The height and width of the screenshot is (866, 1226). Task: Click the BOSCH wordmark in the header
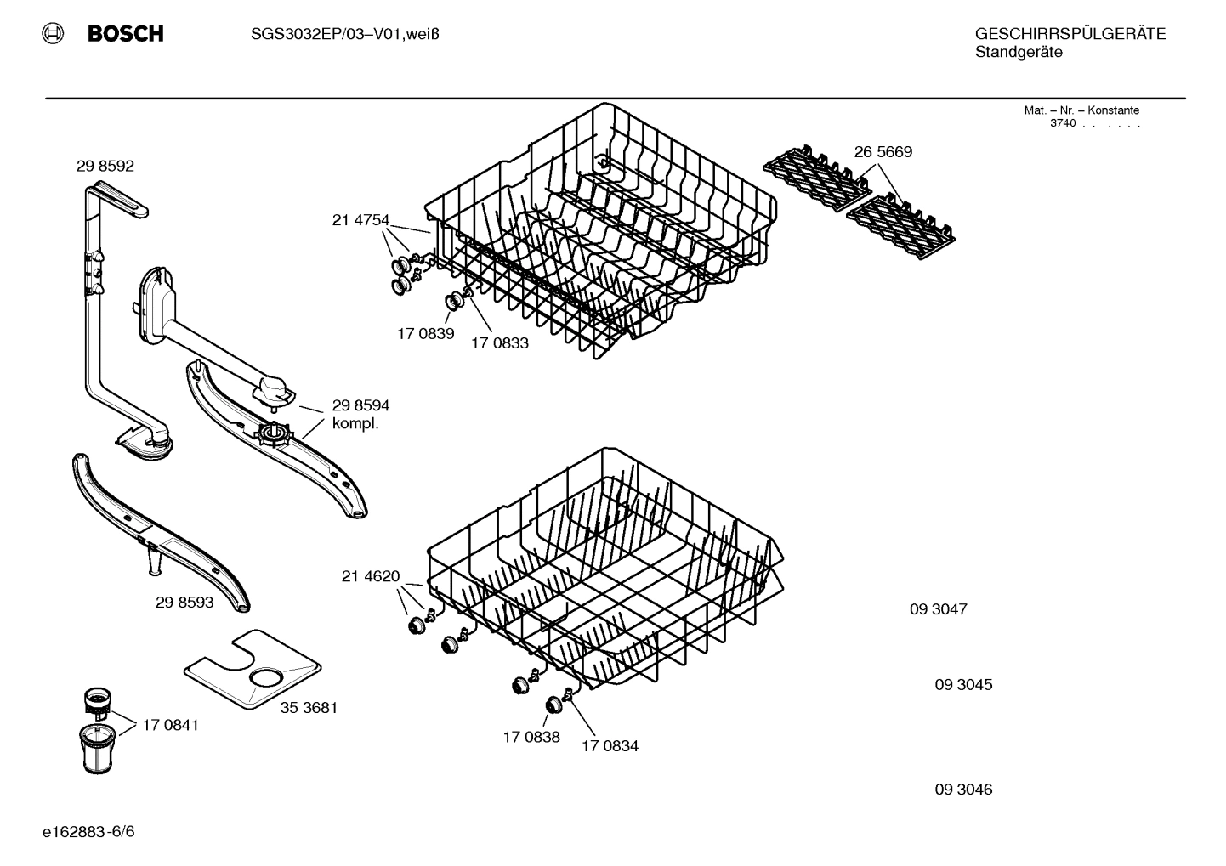coord(125,34)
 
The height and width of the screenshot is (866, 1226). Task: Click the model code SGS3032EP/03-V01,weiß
coord(344,34)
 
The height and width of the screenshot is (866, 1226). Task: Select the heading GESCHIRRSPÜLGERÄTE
coord(1070,34)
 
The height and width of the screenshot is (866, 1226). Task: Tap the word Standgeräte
coord(1018,53)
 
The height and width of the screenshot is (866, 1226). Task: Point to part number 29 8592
coord(105,167)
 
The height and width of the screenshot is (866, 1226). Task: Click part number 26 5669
coord(883,152)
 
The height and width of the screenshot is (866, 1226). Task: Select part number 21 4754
coord(360,220)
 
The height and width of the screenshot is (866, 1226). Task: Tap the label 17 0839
coord(425,333)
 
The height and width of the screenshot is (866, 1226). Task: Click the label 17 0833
coord(500,343)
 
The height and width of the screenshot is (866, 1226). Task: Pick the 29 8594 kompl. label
coord(360,414)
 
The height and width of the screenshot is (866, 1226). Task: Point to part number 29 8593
coord(184,603)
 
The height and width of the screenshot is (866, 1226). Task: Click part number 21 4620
coord(370,576)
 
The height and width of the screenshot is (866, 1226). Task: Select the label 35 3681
coord(309,707)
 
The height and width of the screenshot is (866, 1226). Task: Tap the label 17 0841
coord(170,725)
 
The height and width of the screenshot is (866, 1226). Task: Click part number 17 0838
coord(531,737)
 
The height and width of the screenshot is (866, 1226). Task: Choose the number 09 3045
coord(963,684)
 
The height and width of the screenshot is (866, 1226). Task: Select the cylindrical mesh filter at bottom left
coord(100,748)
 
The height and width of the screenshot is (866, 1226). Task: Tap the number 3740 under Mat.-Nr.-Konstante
coord(1063,123)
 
